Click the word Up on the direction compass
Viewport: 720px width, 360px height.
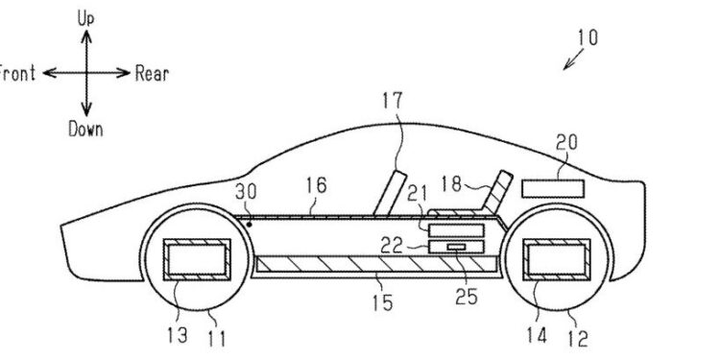pos(85,19)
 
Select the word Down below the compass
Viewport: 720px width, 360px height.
pos(85,129)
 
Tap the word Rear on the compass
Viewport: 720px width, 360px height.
pos(152,74)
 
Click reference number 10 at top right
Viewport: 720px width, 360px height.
pos(588,37)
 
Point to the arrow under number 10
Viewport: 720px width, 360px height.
pos(573,60)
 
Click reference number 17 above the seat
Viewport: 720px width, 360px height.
pos(392,101)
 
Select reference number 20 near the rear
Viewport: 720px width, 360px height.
pos(565,143)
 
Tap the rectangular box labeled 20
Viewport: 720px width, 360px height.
pos(553,189)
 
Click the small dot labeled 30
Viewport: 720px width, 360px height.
pos(250,225)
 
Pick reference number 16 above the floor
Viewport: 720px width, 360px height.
pos(316,186)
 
